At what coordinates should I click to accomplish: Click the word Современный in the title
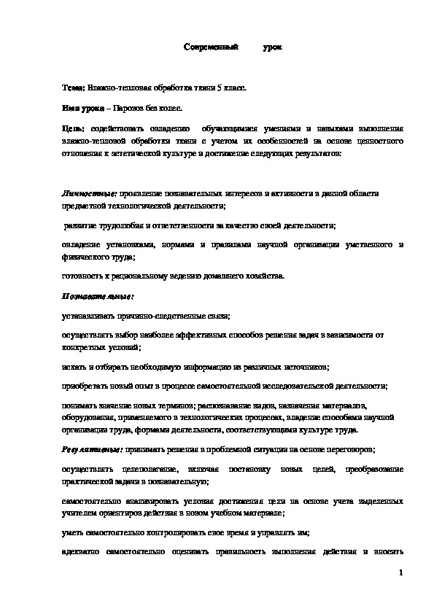pyautogui.click(x=212, y=47)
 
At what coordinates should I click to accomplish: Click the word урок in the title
pyautogui.click(x=273, y=47)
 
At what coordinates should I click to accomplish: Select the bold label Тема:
pyautogui.click(x=74, y=88)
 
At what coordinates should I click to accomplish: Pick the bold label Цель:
pyautogui.click(x=74, y=127)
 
